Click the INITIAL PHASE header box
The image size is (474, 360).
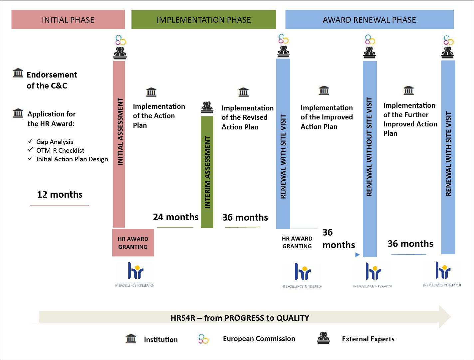68,20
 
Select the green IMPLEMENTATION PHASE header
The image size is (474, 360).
204,20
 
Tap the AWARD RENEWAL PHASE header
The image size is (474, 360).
369,20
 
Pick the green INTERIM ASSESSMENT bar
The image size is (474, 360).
207,172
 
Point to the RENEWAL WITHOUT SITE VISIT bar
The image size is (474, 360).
369,159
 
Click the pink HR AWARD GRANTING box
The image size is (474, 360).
133,243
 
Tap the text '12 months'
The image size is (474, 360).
60,194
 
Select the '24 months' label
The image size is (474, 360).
175,217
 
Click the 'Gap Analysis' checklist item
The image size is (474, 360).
55,142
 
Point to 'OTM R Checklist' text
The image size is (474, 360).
60,150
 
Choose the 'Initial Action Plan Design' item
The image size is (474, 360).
72,159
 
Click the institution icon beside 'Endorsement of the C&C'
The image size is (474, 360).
18,73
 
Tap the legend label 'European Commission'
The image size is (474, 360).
259,339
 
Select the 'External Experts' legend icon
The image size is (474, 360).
324,338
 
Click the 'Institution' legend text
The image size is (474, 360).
161,339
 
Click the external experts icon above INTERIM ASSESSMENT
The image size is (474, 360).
207,107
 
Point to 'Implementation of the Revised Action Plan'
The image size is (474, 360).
247,117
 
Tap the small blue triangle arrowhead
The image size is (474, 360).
357,255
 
